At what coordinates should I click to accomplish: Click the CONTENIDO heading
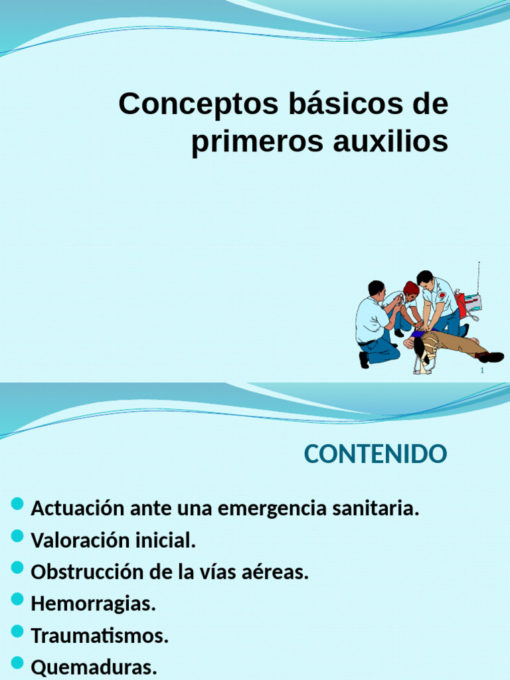click(375, 455)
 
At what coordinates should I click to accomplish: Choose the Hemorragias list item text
click(93, 604)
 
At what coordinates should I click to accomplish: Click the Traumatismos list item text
click(100, 636)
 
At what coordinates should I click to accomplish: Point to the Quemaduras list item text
click(94, 667)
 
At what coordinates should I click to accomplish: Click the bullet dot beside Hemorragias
click(18, 600)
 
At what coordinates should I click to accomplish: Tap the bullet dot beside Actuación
click(18, 505)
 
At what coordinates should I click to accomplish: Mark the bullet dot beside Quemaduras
click(18, 663)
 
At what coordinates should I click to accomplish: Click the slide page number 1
click(482, 371)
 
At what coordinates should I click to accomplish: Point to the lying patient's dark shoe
click(491, 357)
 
